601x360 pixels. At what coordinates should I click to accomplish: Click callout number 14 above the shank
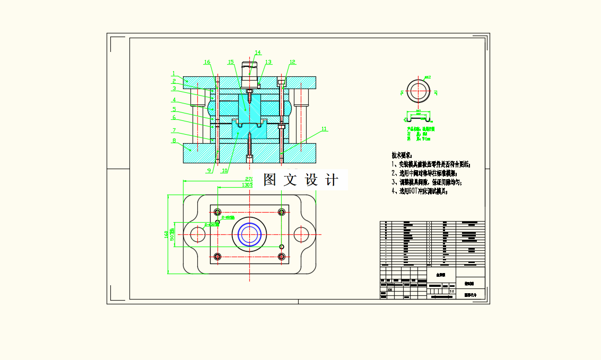tap(258, 52)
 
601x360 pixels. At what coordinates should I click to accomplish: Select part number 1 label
tap(173, 74)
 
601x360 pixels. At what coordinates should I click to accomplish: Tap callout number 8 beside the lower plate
tap(173, 141)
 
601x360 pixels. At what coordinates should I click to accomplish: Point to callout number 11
tap(324, 129)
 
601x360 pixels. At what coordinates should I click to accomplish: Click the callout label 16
tap(207, 62)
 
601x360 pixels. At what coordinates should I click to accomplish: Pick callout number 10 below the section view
tap(225, 171)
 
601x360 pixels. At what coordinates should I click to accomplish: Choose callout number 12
tap(292, 62)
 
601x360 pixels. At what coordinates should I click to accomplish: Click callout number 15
tap(231, 62)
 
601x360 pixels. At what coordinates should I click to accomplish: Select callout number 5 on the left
tap(173, 109)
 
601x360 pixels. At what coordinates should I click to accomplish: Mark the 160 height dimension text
tap(167, 234)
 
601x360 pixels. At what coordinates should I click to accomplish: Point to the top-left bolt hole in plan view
tap(217, 212)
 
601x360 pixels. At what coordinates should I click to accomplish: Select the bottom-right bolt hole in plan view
tap(281, 257)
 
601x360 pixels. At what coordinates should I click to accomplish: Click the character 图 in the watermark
tap(269, 180)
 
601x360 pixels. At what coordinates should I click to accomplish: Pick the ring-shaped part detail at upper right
tap(420, 92)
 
